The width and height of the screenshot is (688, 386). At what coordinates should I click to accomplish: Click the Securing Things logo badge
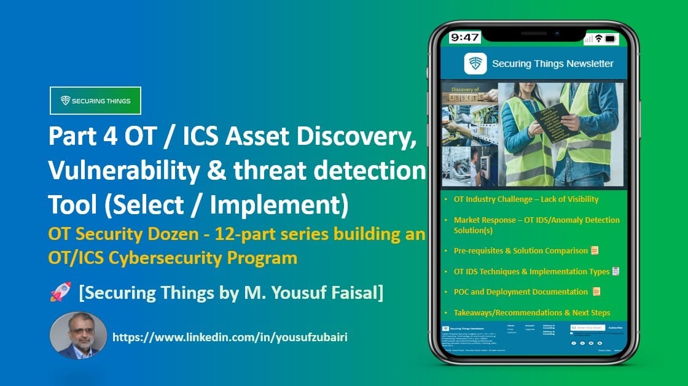pyautogui.click(x=95, y=101)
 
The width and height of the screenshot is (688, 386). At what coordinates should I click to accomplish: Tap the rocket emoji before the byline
pyautogui.click(x=60, y=292)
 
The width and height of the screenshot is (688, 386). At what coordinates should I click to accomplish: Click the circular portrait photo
pyautogui.click(x=78, y=335)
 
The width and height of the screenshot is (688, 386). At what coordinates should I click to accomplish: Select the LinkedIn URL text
pyautogui.click(x=230, y=337)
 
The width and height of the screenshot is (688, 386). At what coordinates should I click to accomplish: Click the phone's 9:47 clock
pyautogui.click(x=464, y=37)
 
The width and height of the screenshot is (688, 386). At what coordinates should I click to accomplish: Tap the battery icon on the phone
pyautogui.click(x=610, y=39)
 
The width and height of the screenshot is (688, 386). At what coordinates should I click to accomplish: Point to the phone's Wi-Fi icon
pyautogui.click(x=598, y=39)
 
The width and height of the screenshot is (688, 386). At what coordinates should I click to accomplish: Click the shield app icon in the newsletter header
pyautogui.click(x=475, y=64)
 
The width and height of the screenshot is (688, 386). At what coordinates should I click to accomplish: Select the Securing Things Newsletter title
pyautogui.click(x=552, y=64)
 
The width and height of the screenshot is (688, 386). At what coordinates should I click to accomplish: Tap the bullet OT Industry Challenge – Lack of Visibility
pyautogui.click(x=526, y=199)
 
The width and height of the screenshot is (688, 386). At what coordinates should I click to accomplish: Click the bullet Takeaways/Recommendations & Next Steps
pyautogui.click(x=531, y=313)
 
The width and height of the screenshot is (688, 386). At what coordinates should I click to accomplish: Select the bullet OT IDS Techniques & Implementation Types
pyautogui.click(x=531, y=271)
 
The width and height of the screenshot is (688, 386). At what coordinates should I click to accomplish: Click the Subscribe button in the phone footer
pyautogui.click(x=614, y=328)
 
